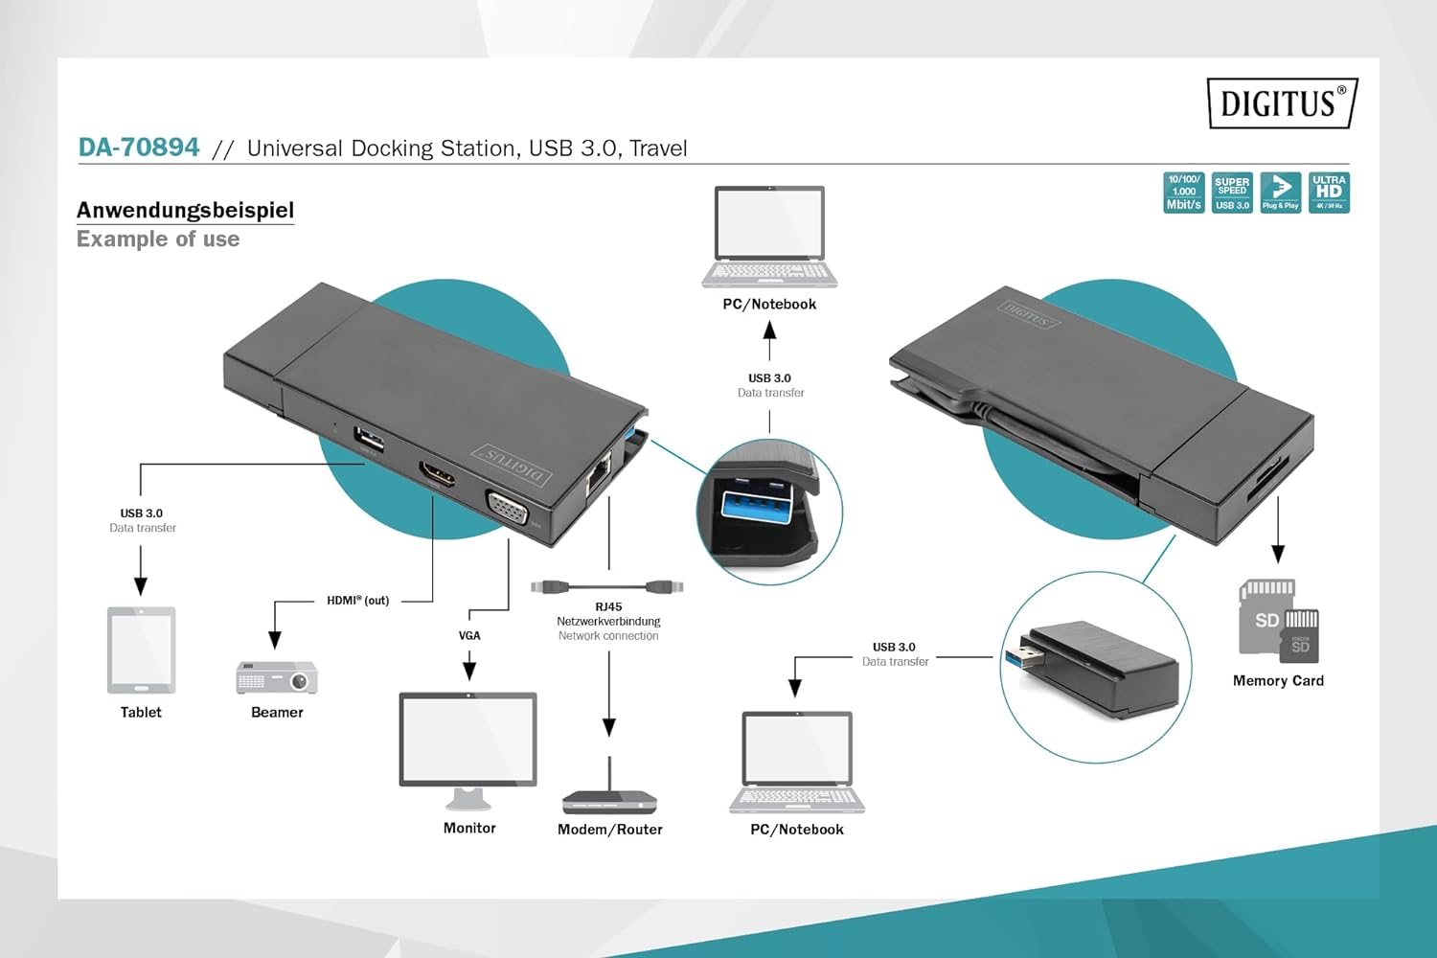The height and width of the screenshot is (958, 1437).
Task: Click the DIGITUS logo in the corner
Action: point(1281,103)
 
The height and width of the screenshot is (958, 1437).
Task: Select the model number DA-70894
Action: point(139,148)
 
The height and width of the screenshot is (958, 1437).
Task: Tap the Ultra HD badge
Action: point(1329,193)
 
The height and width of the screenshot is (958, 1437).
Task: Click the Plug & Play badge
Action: point(1280,193)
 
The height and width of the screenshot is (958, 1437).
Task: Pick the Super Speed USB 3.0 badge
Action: point(1232,193)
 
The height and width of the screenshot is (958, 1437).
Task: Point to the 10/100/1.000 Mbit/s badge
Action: point(1184,193)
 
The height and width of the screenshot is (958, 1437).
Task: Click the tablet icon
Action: point(141,650)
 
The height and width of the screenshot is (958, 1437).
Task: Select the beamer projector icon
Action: point(277,677)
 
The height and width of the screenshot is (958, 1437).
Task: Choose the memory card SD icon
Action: point(1278,621)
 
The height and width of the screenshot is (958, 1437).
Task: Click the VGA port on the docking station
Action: point(507,508)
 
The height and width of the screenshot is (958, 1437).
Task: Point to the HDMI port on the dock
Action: point(437,474)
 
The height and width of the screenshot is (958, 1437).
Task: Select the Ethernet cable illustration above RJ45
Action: point(607,585)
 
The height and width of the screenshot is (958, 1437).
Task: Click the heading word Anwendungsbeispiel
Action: point(185,210)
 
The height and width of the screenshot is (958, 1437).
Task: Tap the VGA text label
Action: point(469,635)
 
